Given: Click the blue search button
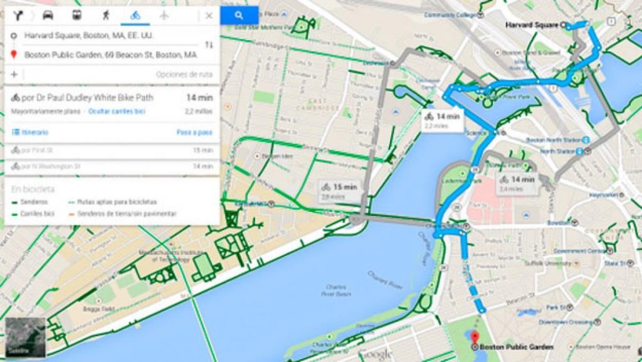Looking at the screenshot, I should [239, 15].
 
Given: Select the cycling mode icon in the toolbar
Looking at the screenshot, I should [135, 16].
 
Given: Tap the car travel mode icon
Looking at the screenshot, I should [48, 16].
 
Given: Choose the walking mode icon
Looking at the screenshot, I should [106, 16].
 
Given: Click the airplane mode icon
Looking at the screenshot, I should [164, 16].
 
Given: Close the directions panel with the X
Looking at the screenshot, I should [209, 16].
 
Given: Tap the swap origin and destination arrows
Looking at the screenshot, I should [209, 45].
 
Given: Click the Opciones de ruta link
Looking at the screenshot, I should [184, 75].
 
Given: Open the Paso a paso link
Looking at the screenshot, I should [194, 132].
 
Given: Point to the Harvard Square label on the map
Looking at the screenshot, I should [532, 25].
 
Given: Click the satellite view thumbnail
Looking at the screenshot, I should [25, 336].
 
